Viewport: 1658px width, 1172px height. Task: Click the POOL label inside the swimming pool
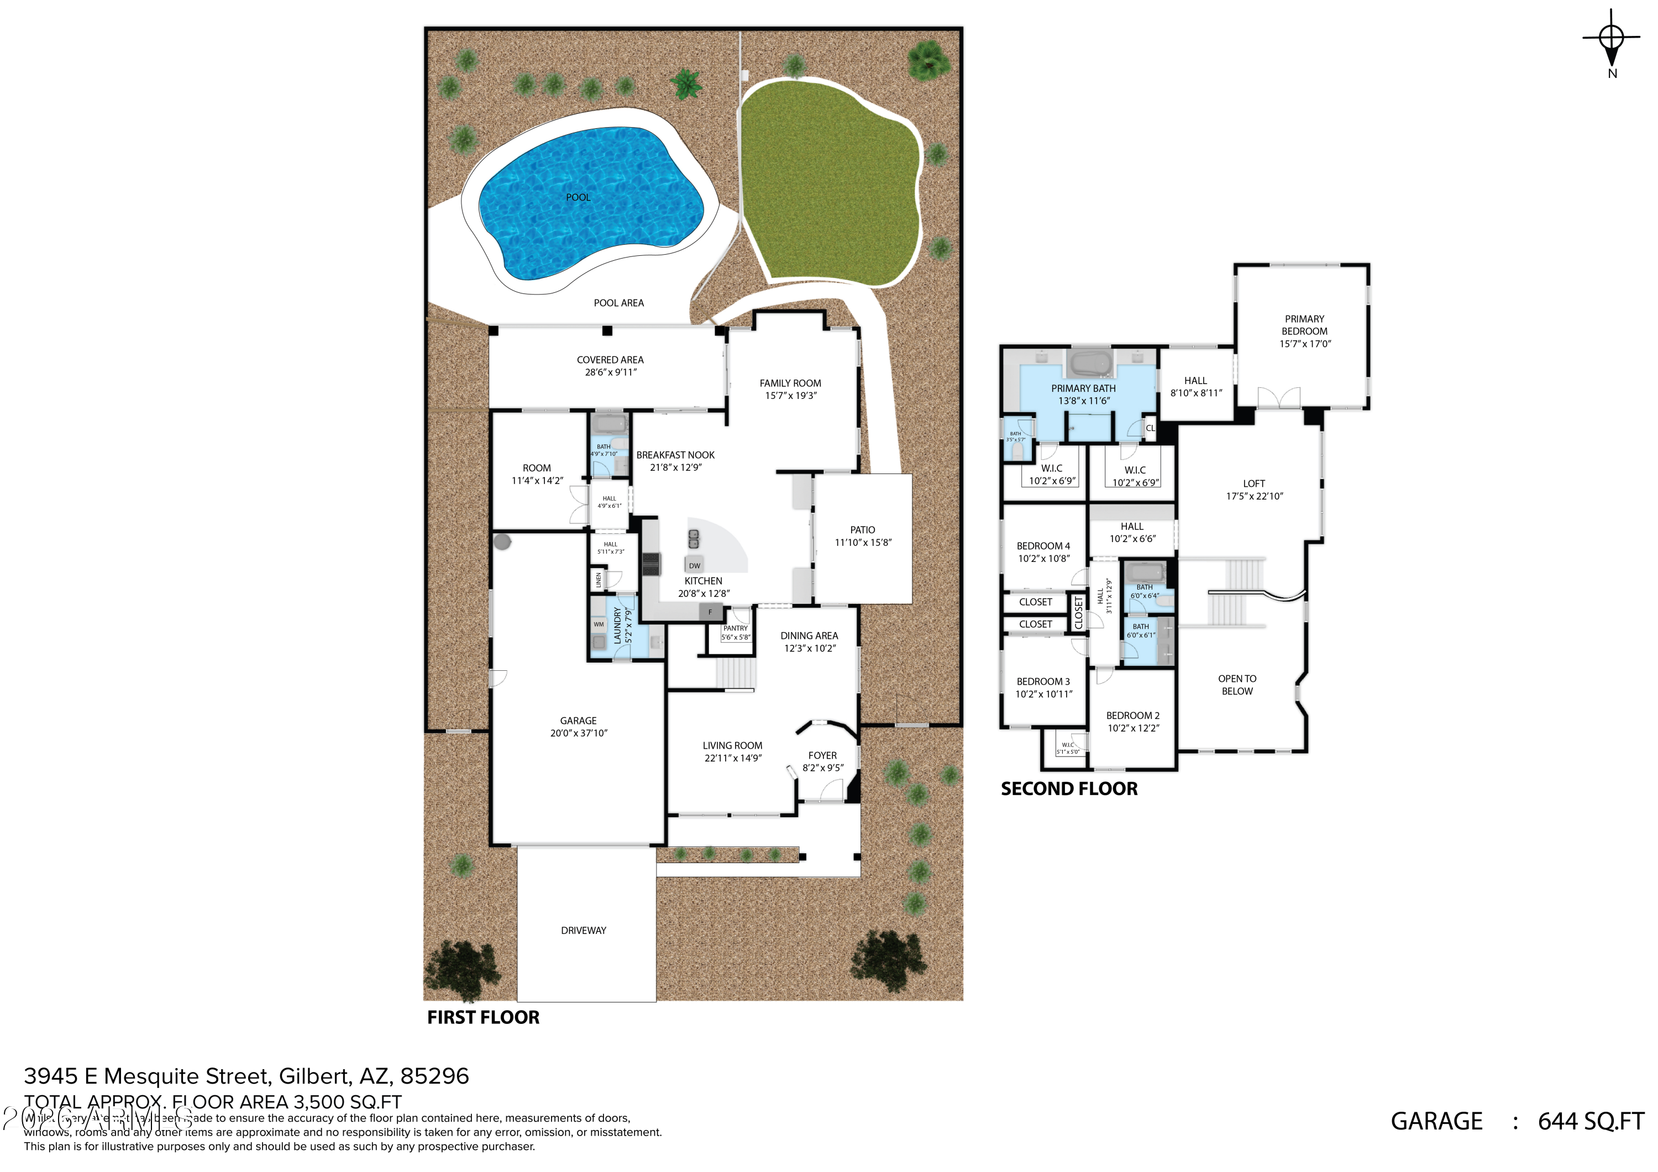578,197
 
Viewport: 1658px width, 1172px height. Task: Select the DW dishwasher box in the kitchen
694,565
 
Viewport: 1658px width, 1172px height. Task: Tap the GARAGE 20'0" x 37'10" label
579,727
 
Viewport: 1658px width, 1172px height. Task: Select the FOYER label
822,755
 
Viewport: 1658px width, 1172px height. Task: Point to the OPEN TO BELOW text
1237,685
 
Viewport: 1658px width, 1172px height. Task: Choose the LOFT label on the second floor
1255,484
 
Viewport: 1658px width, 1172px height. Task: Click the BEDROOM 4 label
1043,546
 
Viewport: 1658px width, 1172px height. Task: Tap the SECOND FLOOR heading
1069,789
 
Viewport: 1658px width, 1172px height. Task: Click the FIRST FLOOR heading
483,1017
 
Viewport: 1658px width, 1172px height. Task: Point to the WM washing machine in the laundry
599,624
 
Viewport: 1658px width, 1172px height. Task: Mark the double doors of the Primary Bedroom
1279,398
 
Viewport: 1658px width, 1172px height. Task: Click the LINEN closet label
599,579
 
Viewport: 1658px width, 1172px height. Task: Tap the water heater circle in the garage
502,541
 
